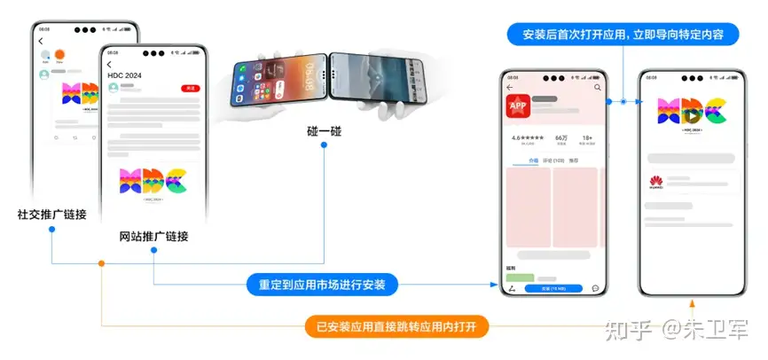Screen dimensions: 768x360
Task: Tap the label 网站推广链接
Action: click(x=153, y=237)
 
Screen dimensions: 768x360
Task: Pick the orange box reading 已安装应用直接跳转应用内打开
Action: click(x=396, y=327)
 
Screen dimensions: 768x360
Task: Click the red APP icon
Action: click(x=517, y=106)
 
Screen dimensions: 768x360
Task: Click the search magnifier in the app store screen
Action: click(x=597, y=88)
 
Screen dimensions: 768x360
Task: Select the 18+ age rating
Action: click(x=587, y=138)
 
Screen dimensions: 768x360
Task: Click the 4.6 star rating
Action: click(x=528, y=138)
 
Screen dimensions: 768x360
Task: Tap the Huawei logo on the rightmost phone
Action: click(x=657, y=183)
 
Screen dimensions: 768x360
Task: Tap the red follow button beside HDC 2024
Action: click(x=189, y=89)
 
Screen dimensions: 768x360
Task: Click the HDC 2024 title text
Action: click(x=125, y=76)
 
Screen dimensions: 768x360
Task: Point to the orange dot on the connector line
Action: click(x=102, y=263)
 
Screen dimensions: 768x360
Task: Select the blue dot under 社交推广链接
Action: click(x=52, y=230)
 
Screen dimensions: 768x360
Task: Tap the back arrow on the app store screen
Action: click(x=510, y=88)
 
